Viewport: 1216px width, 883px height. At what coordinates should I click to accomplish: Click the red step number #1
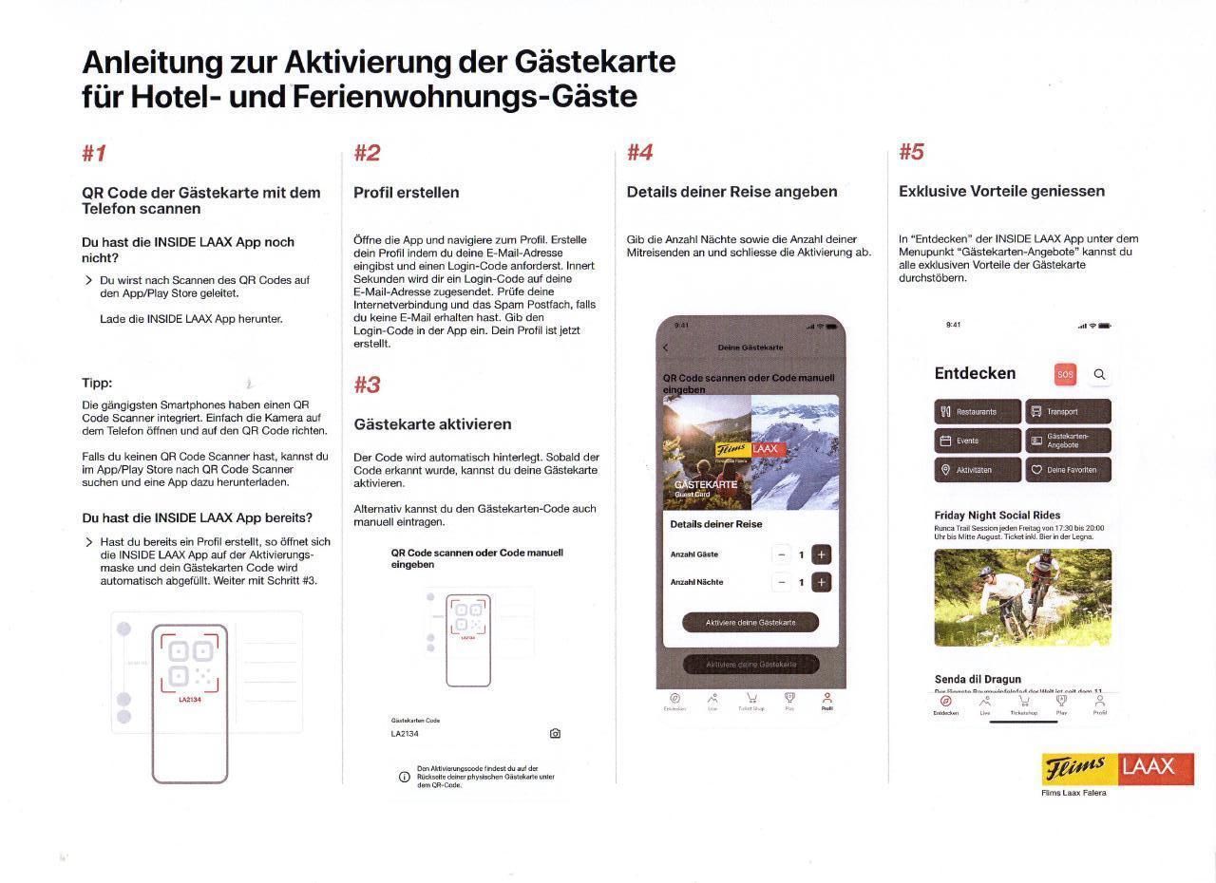coord(94,154)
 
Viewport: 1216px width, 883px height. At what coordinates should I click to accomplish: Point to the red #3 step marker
coord(367,385)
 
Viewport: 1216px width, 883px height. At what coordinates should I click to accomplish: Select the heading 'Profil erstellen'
coord(406,193)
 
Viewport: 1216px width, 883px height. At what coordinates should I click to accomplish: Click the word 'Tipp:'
coord(97,384)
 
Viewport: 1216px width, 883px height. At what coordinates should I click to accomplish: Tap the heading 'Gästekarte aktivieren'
coord(432,424)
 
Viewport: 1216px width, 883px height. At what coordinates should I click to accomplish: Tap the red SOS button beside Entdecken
coord(1065,374)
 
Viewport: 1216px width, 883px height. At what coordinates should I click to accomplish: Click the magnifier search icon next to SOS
coord(1099,374)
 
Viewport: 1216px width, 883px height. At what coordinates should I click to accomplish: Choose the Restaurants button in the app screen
coord(978,412)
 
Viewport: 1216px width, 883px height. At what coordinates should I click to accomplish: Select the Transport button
coord(1068,412)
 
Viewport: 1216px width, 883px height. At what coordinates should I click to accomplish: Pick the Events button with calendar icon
coord(978,441)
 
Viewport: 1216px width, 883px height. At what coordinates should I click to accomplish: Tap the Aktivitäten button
coord(978,470)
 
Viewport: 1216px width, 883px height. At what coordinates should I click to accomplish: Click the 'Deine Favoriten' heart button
coord(1068,470)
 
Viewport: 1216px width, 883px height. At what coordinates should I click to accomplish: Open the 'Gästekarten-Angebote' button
coord(1068,441)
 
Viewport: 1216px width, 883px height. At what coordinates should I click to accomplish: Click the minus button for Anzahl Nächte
coord(782,582)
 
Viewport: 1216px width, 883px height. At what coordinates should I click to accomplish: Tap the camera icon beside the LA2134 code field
coord(555,734)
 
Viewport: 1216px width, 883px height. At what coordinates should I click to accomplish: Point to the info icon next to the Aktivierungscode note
coord(405,777)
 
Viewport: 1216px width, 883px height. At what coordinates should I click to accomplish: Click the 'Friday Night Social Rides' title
coord(997,516)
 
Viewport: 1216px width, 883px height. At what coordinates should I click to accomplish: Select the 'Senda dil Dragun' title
coord(978,679)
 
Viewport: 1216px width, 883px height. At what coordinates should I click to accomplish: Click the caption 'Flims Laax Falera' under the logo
coord(1073,793)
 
